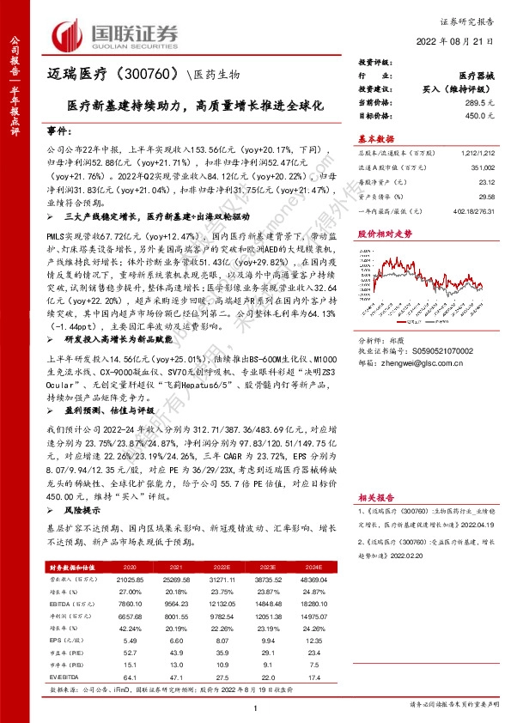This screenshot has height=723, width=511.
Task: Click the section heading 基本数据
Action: click(375, 139)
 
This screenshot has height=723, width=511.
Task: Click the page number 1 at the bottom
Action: click(256, 708)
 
